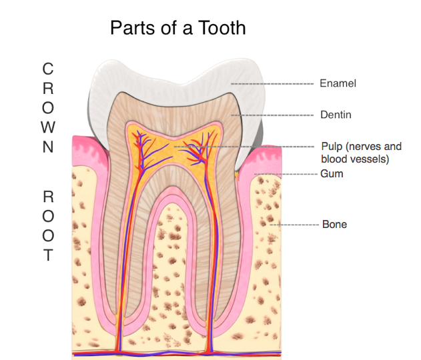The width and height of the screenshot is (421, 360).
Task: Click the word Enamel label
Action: click(x=338, y=84)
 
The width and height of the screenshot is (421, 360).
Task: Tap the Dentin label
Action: click(x=335, y=115)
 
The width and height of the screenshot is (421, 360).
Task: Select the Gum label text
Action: click(x=332, y=174)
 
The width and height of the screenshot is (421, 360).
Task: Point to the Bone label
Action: click(x=334, y=225)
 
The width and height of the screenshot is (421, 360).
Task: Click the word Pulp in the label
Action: click(x=332, y=146)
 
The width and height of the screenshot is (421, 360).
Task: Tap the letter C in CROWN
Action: click(x=48, y=69)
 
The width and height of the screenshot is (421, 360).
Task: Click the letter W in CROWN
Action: click(x=48, y=127)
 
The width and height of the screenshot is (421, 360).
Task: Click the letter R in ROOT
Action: click(x=48, y=197)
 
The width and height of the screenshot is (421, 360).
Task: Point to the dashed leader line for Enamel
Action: click(x=274, y=84)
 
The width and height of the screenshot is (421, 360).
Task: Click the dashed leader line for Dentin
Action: click(x=274, y=115)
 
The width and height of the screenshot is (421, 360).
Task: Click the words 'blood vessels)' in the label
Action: click(x=354, y=159)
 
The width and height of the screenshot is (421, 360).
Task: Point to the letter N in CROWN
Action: click(x=48, y=147)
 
